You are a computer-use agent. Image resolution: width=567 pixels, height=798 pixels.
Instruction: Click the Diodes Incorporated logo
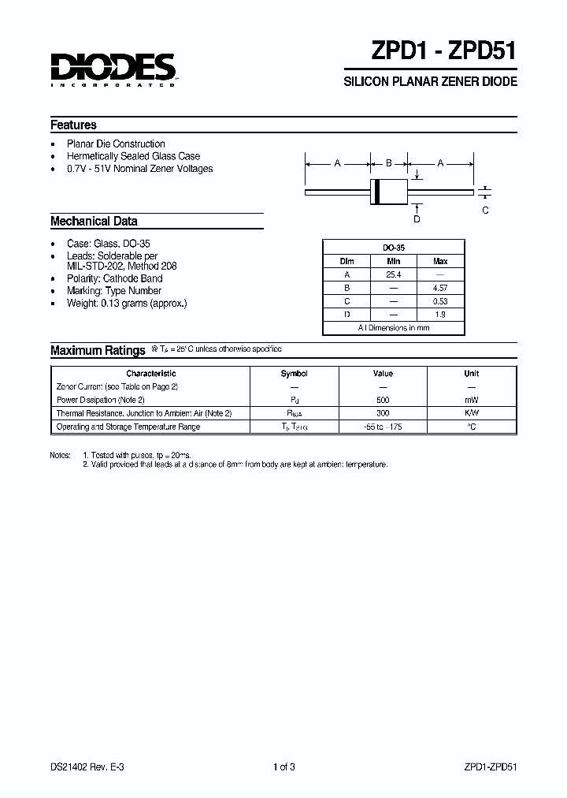(x=113, y=69)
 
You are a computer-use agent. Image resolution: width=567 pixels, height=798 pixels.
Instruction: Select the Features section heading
(x=73, y=125)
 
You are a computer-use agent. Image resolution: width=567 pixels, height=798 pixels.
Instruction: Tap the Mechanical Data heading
(x=94, y=222)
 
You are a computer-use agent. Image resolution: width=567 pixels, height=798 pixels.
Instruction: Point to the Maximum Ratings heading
(x=98, y=350)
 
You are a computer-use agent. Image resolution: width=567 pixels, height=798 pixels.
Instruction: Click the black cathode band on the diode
(x=376, y=192)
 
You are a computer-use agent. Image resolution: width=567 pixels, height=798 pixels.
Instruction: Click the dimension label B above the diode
(x=388, y=163)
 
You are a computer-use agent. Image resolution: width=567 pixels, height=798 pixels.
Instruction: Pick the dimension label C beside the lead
(x=485, y=210)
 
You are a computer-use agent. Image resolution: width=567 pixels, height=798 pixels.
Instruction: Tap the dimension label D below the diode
(x=417, y=219)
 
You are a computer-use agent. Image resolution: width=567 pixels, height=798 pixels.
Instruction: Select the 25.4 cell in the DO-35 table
(x=393, y=274)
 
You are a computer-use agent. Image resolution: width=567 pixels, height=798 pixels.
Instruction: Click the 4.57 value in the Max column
(x=440, y=288)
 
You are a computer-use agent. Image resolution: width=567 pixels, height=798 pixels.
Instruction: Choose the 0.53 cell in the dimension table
(x=440, y=301)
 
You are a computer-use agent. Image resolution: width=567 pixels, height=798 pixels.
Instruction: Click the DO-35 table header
(x=393, y=247)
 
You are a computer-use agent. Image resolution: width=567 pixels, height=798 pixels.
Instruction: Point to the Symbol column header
(x=294, y=374)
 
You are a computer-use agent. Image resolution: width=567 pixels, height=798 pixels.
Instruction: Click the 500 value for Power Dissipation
(x=383, y=400)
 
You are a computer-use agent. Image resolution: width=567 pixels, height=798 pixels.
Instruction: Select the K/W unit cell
(x=471, y=413)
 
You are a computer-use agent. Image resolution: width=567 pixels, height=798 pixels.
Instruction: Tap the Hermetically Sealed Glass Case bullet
(x=133, y=156)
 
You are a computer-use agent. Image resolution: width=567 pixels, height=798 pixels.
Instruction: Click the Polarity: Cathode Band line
(x=115, y=278)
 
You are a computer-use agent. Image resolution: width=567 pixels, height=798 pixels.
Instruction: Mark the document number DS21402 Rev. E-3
(x=87, y=766)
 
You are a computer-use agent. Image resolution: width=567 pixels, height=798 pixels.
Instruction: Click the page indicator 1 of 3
(x=283, y=766)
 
